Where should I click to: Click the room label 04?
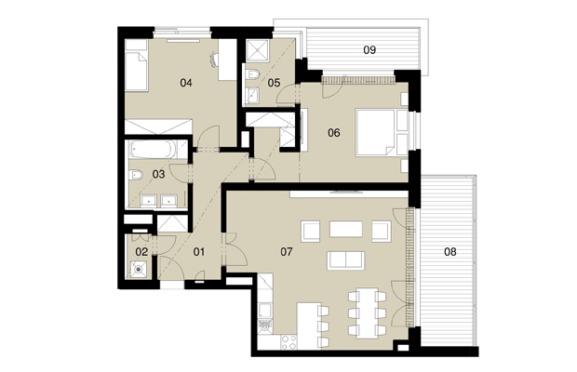[186, 83]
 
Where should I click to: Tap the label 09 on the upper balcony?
[369, 49]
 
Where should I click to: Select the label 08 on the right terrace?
[450, 252]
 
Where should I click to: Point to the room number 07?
[287, 252]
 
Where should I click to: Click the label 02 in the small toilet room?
[141, 252]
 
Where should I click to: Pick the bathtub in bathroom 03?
[150, 149]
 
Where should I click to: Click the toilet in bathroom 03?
[136, 175]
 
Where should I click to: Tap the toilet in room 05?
[253, 74]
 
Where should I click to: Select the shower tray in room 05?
[258, 50]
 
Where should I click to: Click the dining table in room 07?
[368, 313]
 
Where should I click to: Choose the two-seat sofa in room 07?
[346, 260]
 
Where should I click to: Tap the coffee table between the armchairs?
[346, 229]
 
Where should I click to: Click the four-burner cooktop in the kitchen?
[288, 342]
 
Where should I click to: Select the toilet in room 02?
[139, 269]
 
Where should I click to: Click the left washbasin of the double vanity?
[149, 201]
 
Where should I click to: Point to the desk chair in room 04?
[215, 59]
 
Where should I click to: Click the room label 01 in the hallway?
[199, 252]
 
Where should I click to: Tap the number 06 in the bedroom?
[334, 133]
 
